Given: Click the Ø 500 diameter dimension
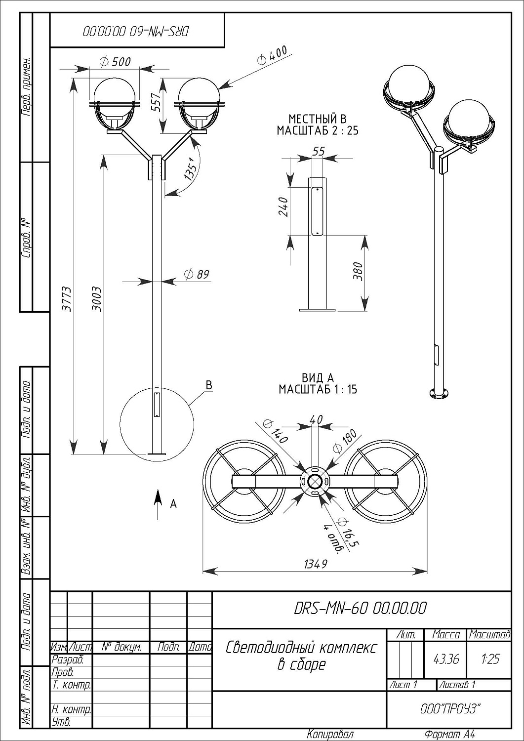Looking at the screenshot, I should [x=115, y=62].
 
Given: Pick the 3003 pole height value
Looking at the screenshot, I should [x=97, y=298].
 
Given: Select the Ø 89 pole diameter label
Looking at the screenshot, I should [x=197, y=274].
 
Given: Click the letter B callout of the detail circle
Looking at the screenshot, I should [x=208, y=385].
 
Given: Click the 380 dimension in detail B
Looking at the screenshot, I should [x=358, y=272].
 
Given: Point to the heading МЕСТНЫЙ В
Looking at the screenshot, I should [x=318, y=119].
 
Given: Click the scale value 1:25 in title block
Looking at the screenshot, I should [x=489, y=659].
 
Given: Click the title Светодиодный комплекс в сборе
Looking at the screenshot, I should [x=301, y=655].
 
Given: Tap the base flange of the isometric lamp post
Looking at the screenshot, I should [x=439, y=393].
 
